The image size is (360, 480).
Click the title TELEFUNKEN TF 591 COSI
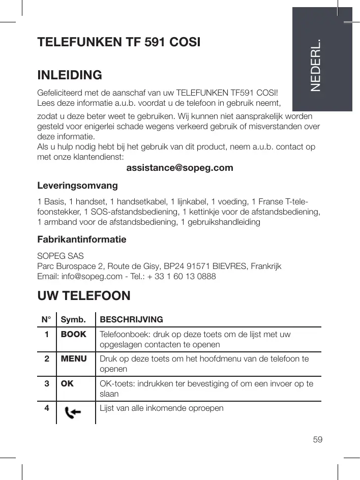click(119, 41)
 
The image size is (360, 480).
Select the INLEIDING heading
click(70, 76)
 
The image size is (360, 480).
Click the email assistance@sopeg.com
click(179, 167)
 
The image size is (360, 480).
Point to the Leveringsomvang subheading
click(78, 184)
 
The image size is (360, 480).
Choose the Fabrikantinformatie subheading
click(82, 239)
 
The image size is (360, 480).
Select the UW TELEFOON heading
click(84, 295)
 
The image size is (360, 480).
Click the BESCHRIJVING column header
click(132, 320)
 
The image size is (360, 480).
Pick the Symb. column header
click(72, 320)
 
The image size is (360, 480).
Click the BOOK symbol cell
click(74, 335)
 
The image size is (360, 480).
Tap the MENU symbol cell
click(74, 359)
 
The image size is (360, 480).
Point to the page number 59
click(318, 439)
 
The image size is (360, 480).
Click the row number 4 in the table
click(46, 408)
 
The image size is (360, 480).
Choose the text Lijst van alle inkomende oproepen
click(162, 408)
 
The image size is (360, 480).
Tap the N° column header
click(46, 320)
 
